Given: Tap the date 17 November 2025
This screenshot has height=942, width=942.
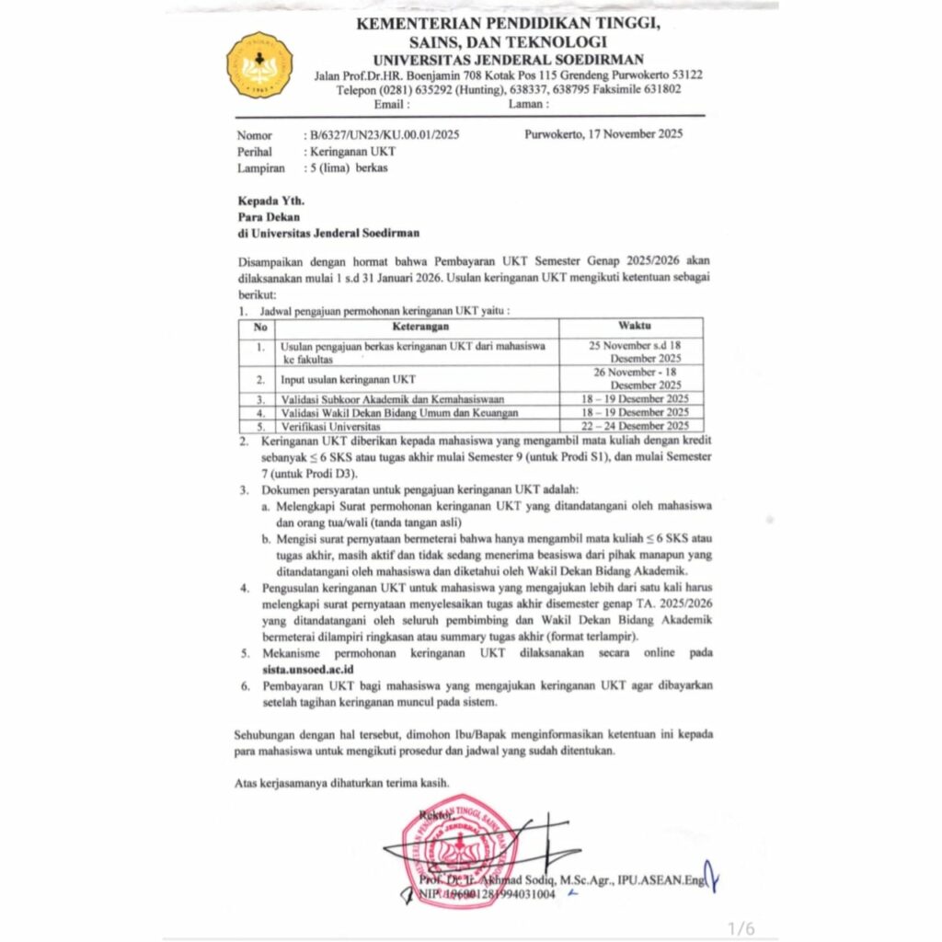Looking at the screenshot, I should (x=603, y=133).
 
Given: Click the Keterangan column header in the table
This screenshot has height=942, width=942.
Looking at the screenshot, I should (x=415, y=327).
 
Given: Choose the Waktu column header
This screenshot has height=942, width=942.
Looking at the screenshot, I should (x=631, y=327).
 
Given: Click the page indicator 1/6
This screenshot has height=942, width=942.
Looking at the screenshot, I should (x=741, y=928).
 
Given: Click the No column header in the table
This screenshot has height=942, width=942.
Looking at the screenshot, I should (x=261, y=327).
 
